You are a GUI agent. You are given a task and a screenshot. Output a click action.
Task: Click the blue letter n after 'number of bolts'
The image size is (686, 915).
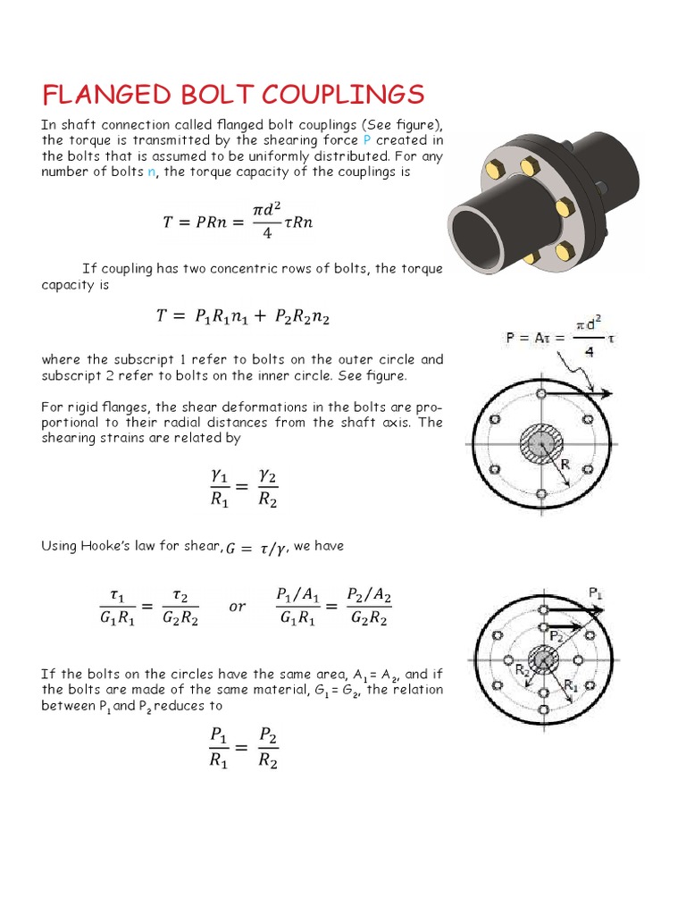[x=151, y=172]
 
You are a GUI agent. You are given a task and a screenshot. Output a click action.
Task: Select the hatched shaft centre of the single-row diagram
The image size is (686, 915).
[x=542, y=443]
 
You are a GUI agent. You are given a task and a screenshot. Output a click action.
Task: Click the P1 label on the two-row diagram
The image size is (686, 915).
[x=597, y=592]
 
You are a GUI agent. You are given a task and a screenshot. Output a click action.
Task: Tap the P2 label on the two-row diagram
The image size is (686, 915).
[x=557, y=634]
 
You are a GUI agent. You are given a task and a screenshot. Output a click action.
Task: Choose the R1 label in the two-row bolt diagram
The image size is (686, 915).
[x=572, y=684]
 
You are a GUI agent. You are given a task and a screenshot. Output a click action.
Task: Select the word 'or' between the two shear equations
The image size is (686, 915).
[x=237, y=607]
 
